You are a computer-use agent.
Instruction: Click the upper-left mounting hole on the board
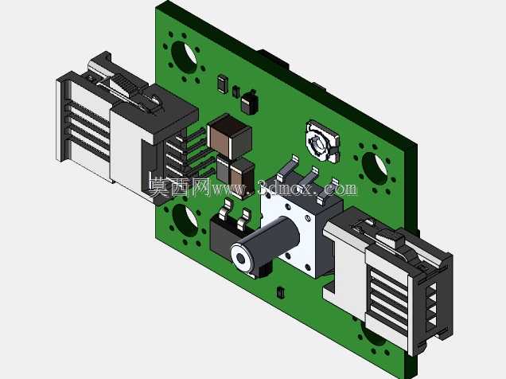point(184,57)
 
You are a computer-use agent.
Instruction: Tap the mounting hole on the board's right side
point(375,169)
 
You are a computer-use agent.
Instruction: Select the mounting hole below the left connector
point(185,221)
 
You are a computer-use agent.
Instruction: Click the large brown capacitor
point(229,136)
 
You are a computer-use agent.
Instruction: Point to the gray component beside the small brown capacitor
point(223,169)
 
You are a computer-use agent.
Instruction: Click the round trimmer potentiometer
point(322,141)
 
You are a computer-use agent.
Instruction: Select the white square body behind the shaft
point(298,232)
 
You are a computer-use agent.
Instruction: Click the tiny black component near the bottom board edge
point(280,292)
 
